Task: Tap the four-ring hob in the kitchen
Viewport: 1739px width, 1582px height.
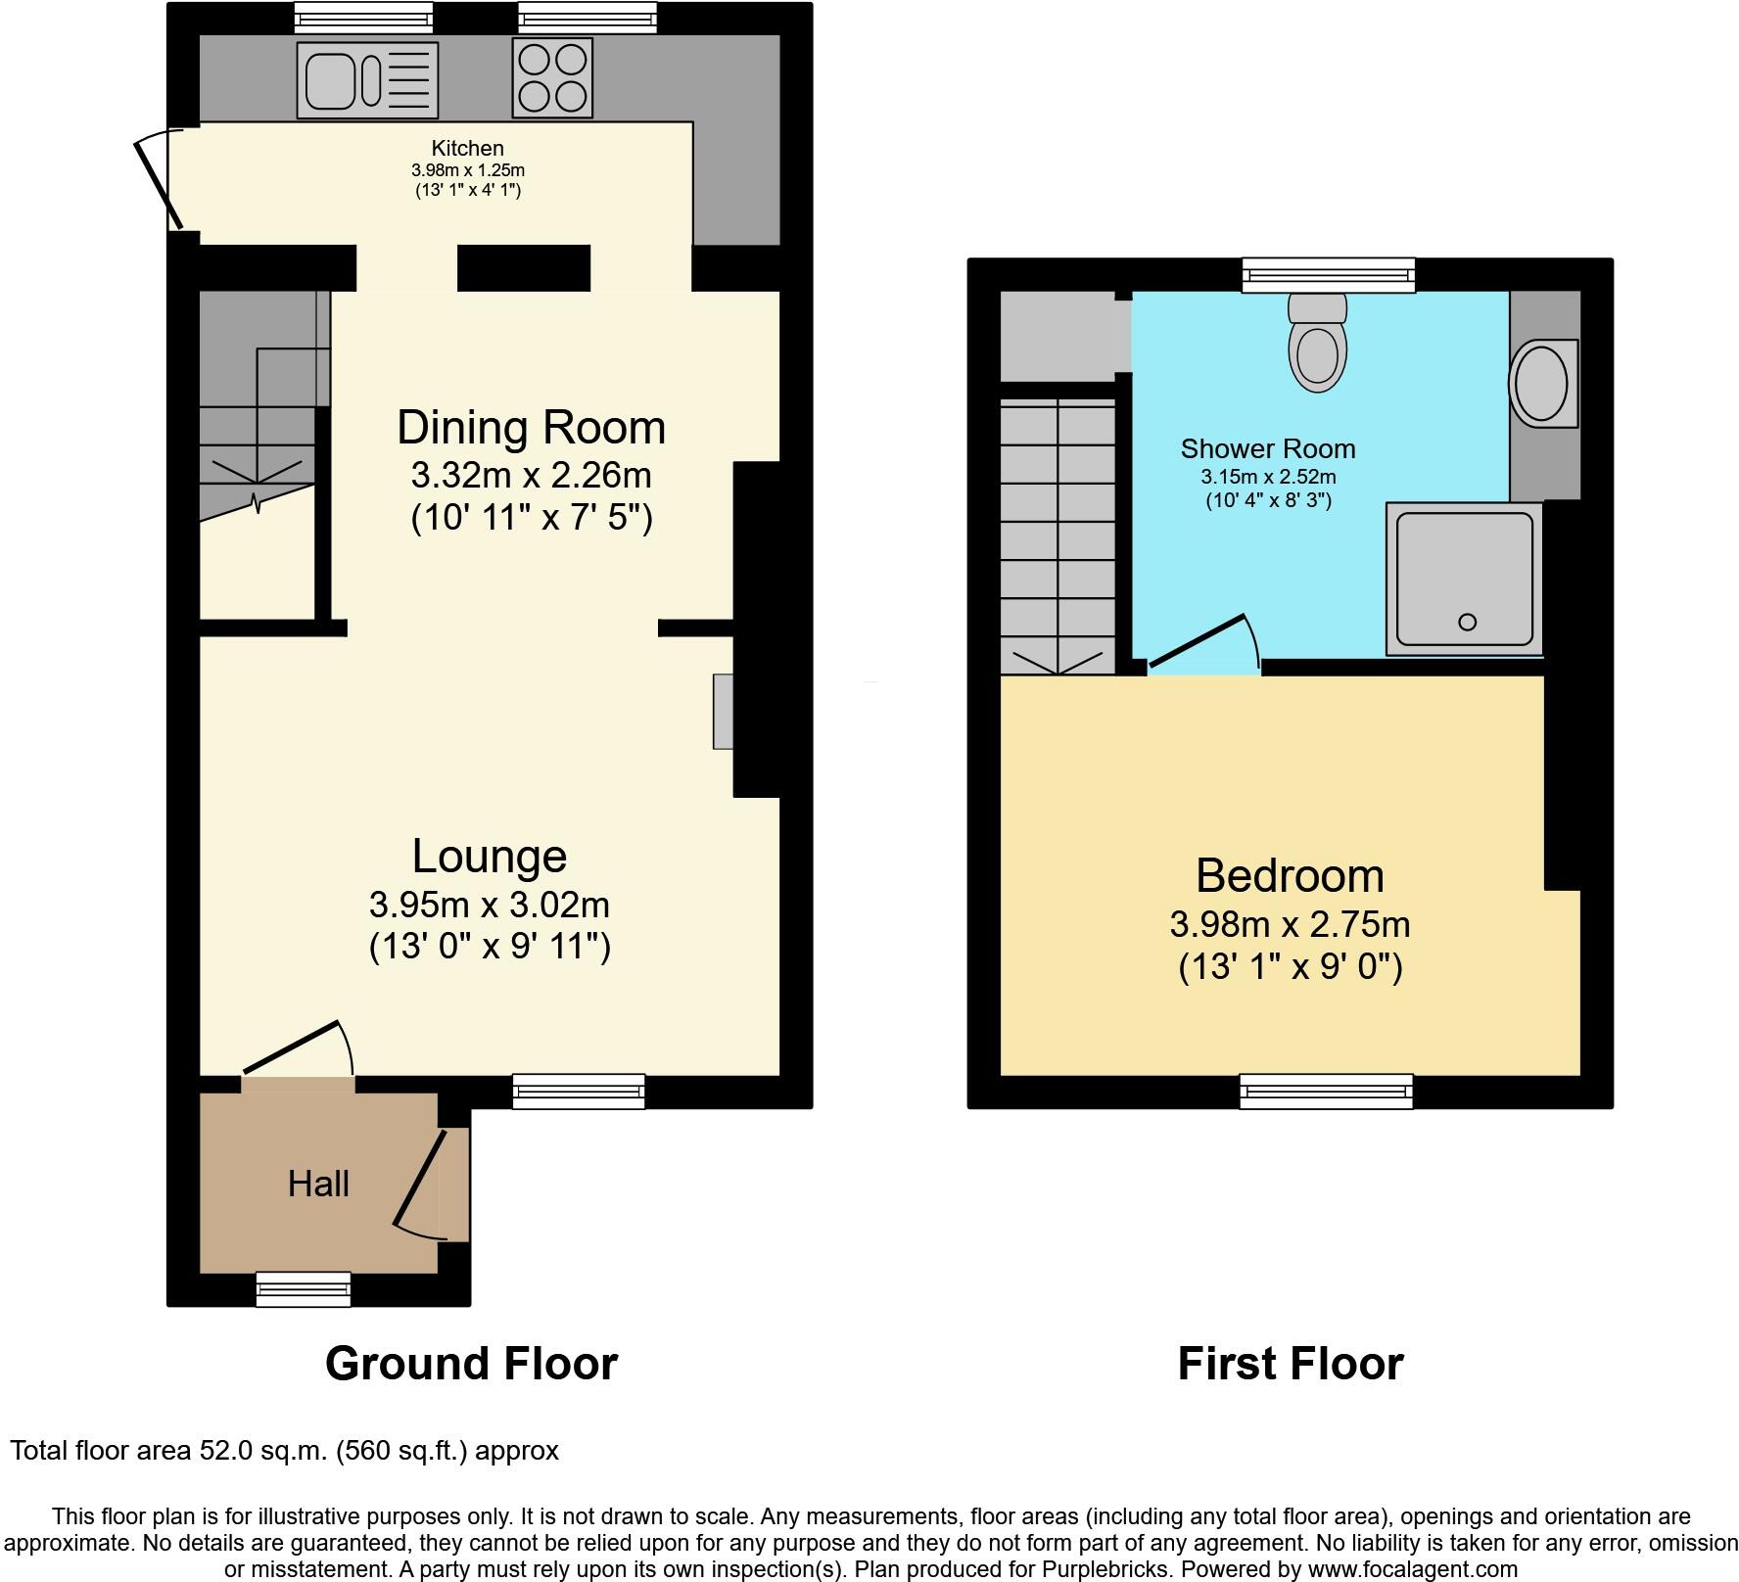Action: point(552,77)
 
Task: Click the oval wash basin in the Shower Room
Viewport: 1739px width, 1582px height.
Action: point(1542,384)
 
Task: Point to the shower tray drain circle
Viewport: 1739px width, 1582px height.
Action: point(1467,622)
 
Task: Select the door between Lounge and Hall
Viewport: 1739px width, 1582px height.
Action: point(292,1047)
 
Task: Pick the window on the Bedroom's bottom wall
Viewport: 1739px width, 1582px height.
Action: point(1326,1091)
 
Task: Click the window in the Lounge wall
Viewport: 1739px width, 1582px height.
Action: point(578,1091)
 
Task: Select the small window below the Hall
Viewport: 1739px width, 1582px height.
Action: point(303,1288)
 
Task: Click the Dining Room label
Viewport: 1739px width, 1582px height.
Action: point(531,428)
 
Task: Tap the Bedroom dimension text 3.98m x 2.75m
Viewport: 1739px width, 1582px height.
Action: point(1290,923)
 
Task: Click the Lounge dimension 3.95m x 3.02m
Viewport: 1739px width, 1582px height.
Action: point(489,904)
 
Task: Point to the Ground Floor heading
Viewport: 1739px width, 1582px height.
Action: point(471,1363)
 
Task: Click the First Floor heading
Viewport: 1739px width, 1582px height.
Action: point(1290,1363)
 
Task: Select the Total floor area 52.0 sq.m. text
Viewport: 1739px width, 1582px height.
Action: point(284,1450)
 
